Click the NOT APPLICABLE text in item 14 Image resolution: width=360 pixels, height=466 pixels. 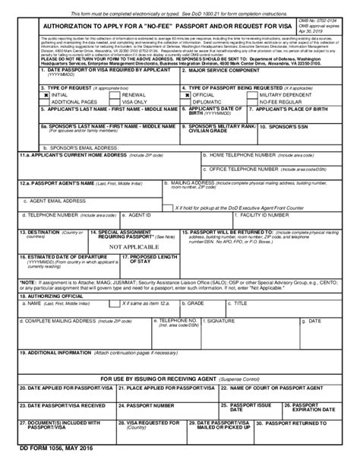pyautogui.click(x=134, y=247)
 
